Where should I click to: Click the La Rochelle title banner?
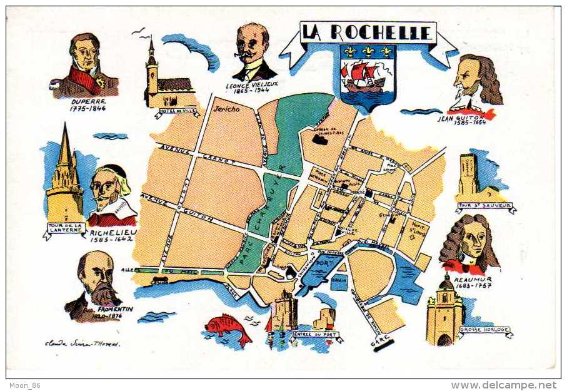(368, 33)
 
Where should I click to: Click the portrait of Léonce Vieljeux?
(254, 53)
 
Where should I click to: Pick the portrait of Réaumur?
(470, 245)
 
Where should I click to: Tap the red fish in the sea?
(228, 327)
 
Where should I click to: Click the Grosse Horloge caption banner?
(485, 330)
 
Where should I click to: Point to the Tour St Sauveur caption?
(485, 205)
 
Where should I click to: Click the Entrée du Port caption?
(316, 335)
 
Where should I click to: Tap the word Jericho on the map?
(226, 108)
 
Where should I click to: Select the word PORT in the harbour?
(323, 263)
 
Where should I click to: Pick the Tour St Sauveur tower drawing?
(469, 175)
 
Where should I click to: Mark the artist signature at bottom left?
(82, 343)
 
